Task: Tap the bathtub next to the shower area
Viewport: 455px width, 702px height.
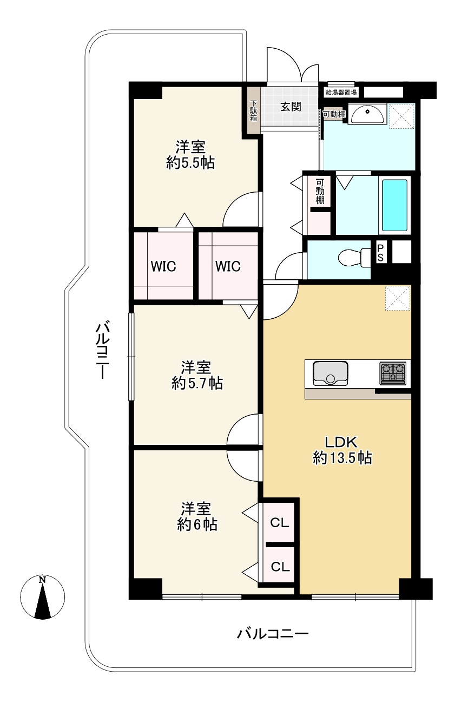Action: (x=394, y=205)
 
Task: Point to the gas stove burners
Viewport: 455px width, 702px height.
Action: (x=393, y=373)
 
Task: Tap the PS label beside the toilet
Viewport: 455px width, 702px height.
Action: (x=380, y=253)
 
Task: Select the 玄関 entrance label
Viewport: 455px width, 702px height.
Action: (x=291, y=107)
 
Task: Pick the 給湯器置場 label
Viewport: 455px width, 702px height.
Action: (x=341, y=92)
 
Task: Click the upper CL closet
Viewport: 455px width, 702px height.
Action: (x=279, y=522)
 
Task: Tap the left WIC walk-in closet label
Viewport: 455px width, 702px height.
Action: (x=163, y=266)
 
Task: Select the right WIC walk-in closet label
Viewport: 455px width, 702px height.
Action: (x=228, y=266)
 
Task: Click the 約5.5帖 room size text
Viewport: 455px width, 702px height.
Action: (x=190, y=163)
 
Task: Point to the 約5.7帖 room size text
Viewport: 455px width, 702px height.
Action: (x=197, y=383)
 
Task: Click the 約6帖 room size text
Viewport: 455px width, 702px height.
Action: (x=197, y=524)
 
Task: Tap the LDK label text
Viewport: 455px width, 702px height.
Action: (x=341, y=442)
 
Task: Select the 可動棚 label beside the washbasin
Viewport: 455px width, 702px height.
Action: (x=334, y=114)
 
